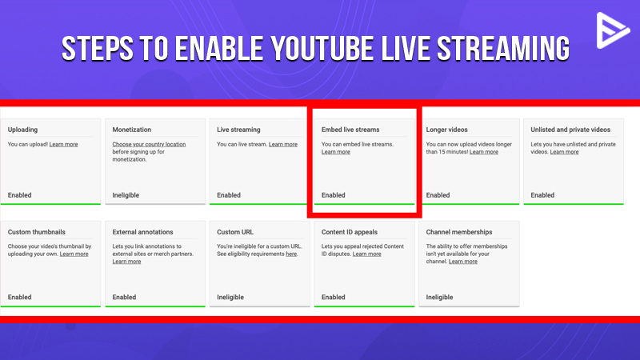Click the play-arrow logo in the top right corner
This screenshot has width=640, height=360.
click(612, 31)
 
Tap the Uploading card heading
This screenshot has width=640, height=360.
click(22, 130)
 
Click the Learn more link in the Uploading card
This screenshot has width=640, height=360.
click(64, 145)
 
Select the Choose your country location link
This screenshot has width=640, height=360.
click(149, 145)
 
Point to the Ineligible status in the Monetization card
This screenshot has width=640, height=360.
click(127, 195)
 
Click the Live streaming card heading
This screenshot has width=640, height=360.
click(238, 130)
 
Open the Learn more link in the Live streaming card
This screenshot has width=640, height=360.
click(282, 145)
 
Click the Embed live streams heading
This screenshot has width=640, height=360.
click(350, 130)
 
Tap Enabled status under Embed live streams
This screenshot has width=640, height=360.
click(334, 195)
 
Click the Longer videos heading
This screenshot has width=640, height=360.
click(447, 130)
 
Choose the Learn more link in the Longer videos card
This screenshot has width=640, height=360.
click(483, 152)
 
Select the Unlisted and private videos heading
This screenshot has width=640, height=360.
click(570, 130)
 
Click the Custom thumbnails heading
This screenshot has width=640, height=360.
click(38, 232)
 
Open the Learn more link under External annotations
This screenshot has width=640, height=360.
click(126, 262)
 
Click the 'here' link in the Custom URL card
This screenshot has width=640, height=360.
click(291, 254)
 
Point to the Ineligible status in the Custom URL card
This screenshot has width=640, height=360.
click(231, 298)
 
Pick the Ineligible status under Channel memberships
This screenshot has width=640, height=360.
click(440, 298)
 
